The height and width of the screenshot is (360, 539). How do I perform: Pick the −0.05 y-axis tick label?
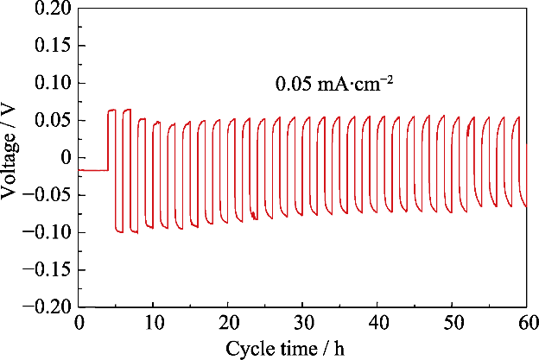click(48, 195)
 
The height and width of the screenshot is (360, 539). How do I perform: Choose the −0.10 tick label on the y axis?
click(48, 233)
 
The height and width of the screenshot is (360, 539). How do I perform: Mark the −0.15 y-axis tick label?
click(48, 270)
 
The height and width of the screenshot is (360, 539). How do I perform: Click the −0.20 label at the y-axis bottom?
click(48, 307)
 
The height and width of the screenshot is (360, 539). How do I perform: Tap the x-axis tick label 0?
click(79, 323)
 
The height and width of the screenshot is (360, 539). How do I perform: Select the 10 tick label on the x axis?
click(153, 323)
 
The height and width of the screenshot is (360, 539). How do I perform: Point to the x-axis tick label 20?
click(228, 323)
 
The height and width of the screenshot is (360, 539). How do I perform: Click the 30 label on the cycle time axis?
click(302, 323)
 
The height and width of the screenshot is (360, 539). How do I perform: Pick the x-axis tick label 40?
click(377, 323)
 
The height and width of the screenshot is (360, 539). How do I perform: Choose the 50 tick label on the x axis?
click(452, 323)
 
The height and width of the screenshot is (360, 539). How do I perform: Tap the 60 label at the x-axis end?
click(525, 323)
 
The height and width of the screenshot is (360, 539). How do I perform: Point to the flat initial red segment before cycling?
click(92, 170)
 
